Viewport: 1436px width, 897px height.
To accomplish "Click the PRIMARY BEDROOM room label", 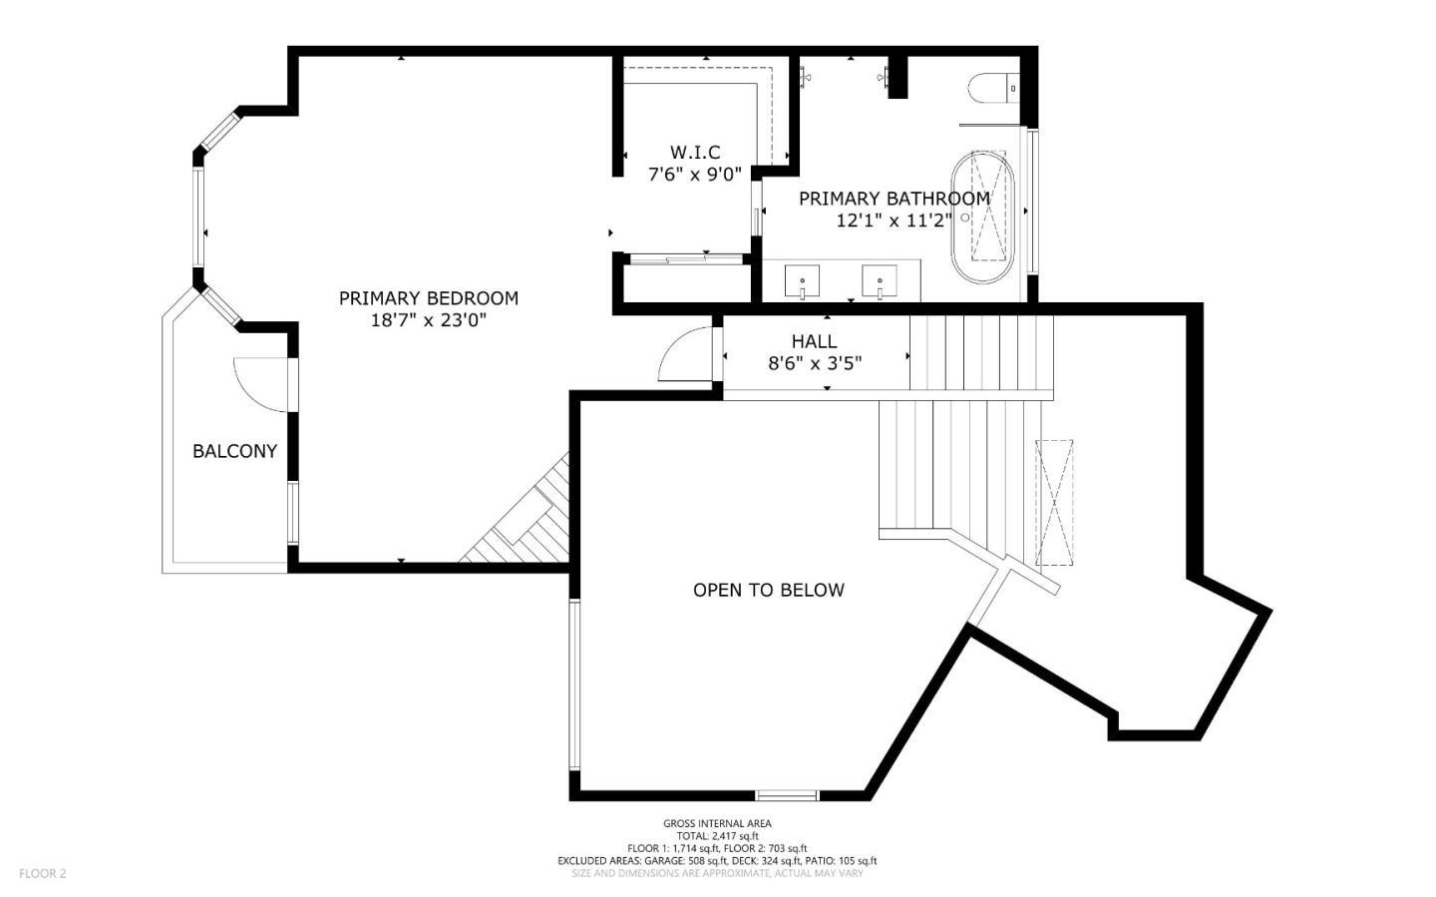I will pyautogui.click(x=428, y=297).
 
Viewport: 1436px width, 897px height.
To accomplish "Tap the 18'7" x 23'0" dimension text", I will pyautogui.click(x=428, y=320).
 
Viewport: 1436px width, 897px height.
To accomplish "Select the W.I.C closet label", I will pyautogui.click(x=695, y=152).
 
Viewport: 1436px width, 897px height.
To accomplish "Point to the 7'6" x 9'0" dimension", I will pyautogui.click(x=695, y=174).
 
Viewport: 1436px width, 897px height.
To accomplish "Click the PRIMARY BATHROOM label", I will pyautogui.click(x=895, y=198).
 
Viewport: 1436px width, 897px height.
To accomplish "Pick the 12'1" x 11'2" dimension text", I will pyautogui.click(x=895, y=221).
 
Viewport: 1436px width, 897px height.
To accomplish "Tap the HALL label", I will pyautogui.click(x=814, y=341).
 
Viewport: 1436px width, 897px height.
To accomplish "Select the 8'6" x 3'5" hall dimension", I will pyautogui.click(x=814, y=363).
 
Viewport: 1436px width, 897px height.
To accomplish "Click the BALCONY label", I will pyautogui.click(x=234, y=451).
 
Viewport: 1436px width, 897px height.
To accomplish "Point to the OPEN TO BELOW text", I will pyautogui.click(x=768, y=590).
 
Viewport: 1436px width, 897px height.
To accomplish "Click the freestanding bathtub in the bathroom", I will pyautogui.click(x=982, y=216).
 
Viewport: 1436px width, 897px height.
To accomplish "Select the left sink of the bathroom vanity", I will pyautogui.click(x=802, y=280).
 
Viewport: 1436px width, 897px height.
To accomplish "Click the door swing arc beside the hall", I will pyautogui.click(x=686, y=355).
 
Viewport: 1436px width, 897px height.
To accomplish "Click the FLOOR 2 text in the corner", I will pyautogui.click(x=42, y=873).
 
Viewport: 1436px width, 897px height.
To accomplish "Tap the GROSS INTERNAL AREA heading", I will pyautogui.click(x=717, y=823).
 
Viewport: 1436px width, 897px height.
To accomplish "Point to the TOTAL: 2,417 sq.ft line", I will pyautogui.click(x=717, y=835).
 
